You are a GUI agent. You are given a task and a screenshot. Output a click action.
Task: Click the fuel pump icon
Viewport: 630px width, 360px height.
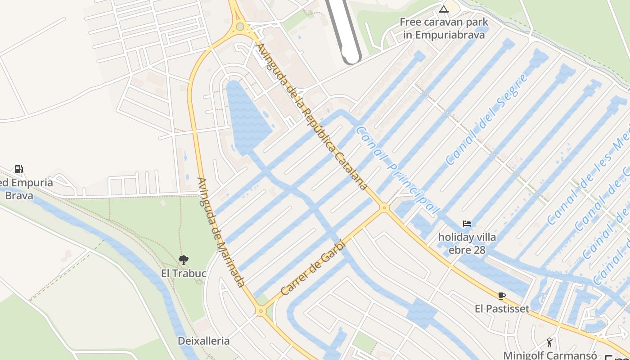19,169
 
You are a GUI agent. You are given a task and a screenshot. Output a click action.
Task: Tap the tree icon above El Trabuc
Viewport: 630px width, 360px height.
183,260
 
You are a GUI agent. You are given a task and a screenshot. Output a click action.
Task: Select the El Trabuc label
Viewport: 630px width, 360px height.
184,273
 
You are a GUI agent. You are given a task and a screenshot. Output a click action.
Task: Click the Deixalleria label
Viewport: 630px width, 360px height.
203,341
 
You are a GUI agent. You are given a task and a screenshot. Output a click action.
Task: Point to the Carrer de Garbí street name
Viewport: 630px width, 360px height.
312,268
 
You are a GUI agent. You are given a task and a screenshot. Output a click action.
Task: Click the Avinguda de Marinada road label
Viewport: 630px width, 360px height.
221,232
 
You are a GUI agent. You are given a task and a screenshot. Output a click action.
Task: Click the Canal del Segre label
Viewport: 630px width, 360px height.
487,119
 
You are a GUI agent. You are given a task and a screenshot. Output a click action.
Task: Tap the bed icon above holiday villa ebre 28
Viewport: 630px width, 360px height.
467,224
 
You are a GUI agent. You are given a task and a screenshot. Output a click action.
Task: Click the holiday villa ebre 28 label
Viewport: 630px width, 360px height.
467,243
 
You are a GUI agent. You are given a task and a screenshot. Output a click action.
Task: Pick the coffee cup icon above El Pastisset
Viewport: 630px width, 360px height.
502,296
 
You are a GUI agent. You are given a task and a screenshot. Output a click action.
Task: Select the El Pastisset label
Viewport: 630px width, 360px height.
502,309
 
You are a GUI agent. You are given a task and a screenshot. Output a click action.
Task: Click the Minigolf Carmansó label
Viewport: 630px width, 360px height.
550,355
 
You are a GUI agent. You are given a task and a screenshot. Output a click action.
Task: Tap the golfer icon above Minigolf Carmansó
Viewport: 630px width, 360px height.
549,342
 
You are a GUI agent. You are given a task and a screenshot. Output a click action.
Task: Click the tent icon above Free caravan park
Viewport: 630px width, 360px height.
444,9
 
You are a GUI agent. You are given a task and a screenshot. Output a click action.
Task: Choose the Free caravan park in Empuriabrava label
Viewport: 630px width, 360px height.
444,28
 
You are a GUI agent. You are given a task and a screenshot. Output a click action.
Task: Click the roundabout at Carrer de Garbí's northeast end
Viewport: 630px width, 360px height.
384,207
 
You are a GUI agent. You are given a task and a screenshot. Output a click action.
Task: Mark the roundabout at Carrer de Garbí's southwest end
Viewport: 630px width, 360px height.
261,311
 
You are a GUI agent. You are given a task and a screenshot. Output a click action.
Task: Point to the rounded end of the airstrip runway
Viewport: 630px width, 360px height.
351,58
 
